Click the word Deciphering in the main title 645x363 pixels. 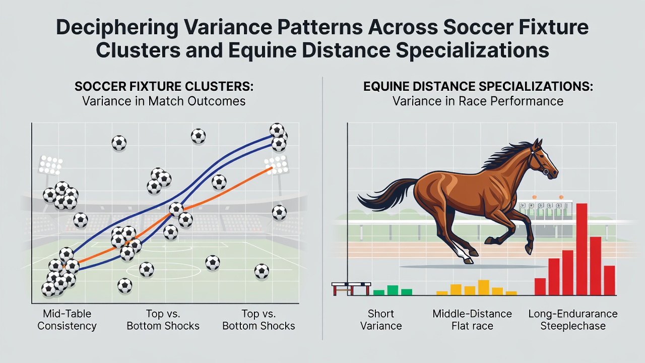tap(117, 28)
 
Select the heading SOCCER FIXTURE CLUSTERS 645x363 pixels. tap(164, 86)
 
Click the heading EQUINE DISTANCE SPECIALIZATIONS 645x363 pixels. tap(478, 86)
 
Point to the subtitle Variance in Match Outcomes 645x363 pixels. tap(164, 101)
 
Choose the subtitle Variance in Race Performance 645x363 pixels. tap(478, 101)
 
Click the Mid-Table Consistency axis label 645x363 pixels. tap(67, 320)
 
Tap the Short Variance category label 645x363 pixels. tap(381, 320)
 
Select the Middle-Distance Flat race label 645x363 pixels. tap(472, 320)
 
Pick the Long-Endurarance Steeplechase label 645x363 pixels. tap(573, 320)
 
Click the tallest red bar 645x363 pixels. tap(582, 249)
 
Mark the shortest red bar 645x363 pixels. tap(540, 287)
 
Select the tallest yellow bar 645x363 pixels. tap(484, 287)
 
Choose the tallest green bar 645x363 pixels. tap(393, 290)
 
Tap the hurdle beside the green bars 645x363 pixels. tap(351, 289)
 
